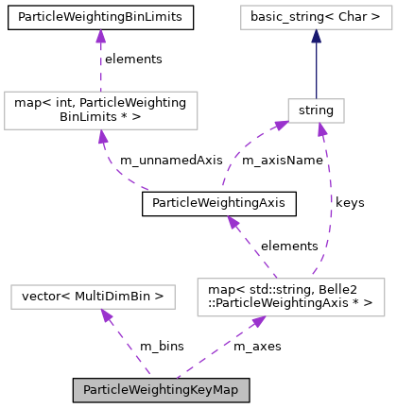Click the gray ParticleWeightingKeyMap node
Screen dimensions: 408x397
pos(161,390)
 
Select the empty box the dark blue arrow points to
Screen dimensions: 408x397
pos(316,17)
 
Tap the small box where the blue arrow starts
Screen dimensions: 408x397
pos(316,111)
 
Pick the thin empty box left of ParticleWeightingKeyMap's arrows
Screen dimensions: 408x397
pos(93,297)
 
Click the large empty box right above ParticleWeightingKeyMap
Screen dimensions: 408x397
pos(290,297)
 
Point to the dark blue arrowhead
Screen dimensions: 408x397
pos(316,37)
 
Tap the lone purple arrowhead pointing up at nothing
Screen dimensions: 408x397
pos(100,36)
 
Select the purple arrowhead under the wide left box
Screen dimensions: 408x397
pos(101,137)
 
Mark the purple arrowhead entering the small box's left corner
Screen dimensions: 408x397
pos(281,126)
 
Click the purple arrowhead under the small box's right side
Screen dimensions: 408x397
pos(322,130)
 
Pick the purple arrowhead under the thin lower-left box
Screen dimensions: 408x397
pos(107,316)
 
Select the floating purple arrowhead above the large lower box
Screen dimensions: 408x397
pos(232,223)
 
